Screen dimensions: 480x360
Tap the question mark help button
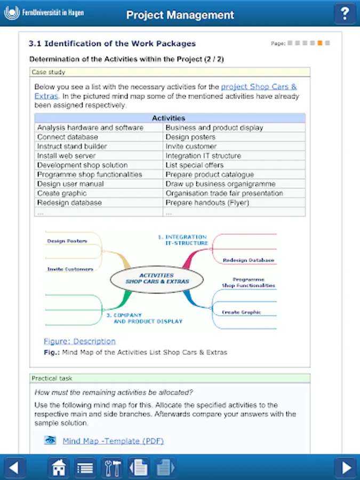point(345,14)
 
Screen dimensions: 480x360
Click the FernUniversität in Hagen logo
point(44,13)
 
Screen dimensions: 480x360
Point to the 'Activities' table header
point(169,118)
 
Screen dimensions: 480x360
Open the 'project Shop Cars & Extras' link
point(259,87)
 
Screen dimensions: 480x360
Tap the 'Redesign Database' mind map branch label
point(248,260)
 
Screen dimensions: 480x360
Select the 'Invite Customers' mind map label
point(70,269)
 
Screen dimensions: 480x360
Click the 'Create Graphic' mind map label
point(242,312)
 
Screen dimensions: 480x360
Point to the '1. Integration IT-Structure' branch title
point(182,239)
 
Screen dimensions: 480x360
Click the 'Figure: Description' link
point(79,341)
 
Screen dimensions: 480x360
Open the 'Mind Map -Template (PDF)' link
point(113,441)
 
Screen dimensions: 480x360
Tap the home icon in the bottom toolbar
point(59,468)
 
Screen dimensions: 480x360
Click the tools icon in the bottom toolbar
point(112,468)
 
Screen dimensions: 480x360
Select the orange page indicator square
point(320,43)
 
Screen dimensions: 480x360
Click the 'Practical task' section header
point(52,378)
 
